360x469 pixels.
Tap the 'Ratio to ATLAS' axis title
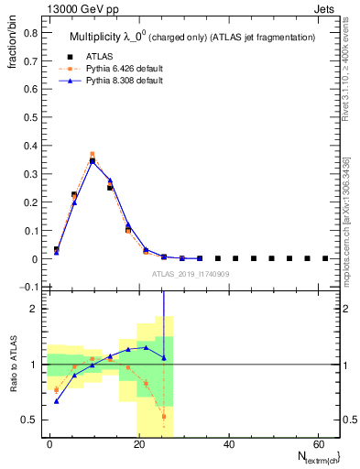click(x=13, y=364)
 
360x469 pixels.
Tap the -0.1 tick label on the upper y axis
click(x=28, y=288)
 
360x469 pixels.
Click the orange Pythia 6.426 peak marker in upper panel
click(x=93, y=154)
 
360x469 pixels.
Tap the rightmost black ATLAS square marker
click(x=325, y=258)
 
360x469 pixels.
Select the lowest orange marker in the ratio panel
click(x=164, y=417)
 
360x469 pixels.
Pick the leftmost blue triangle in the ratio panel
click(x=57, y=401)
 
